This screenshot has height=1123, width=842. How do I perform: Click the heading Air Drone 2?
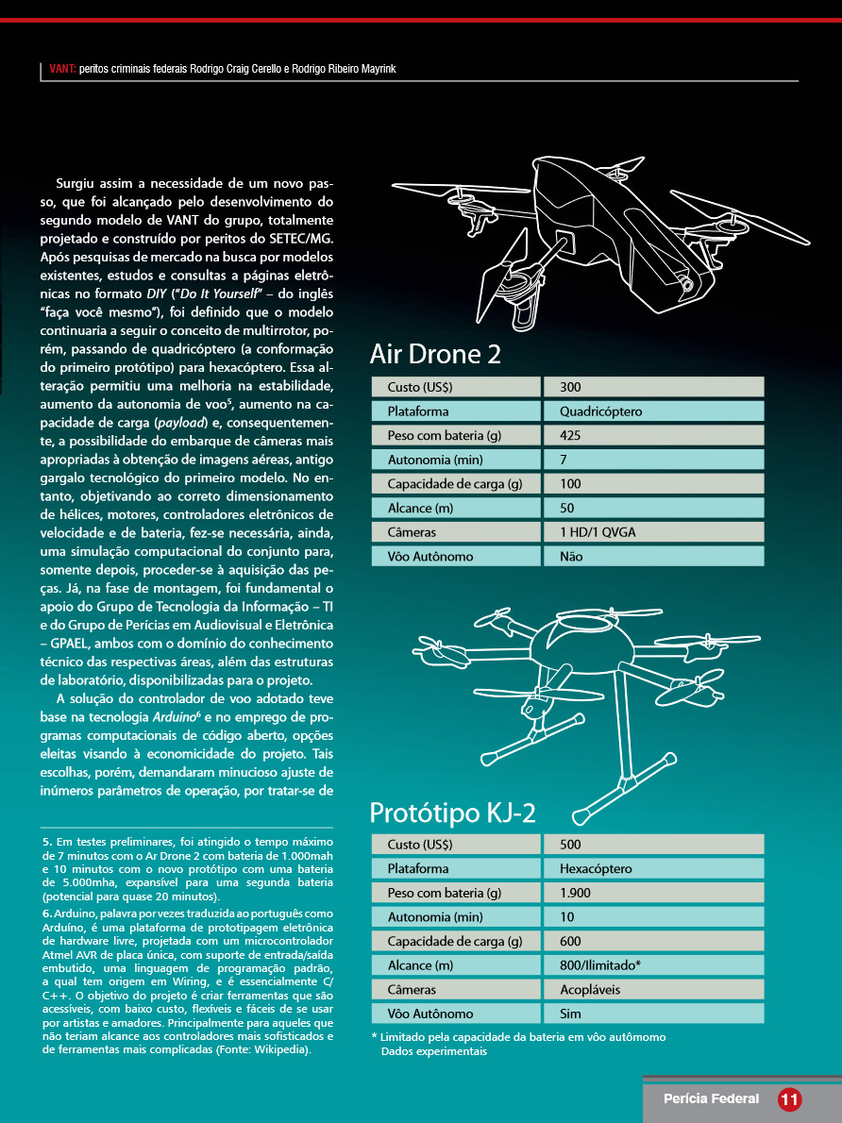click(435, 355)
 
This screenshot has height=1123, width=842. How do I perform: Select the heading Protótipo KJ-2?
click(453, 813)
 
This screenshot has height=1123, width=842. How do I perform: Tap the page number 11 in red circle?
click(789, 1098)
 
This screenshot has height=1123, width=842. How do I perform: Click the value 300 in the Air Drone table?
click(570, 387)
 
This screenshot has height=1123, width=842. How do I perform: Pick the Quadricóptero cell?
click(600, 411)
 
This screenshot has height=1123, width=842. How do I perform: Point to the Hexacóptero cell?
click(596, 868)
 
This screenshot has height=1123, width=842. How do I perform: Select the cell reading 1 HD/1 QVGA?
click(598, 532)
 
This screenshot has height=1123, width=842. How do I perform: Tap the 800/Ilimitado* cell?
click(600, 965)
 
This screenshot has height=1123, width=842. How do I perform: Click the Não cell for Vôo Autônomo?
click(571, 557)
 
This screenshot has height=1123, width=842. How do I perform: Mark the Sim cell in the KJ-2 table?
click(570, 1014)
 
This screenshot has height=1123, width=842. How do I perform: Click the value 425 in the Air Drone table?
click(570, 435)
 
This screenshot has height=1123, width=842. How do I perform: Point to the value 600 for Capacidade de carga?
click(570, 941)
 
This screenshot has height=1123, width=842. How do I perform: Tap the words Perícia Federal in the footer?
click(711, 1098)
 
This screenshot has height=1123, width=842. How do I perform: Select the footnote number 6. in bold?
click(47, 913)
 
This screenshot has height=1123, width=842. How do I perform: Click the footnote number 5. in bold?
click(47, 841)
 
